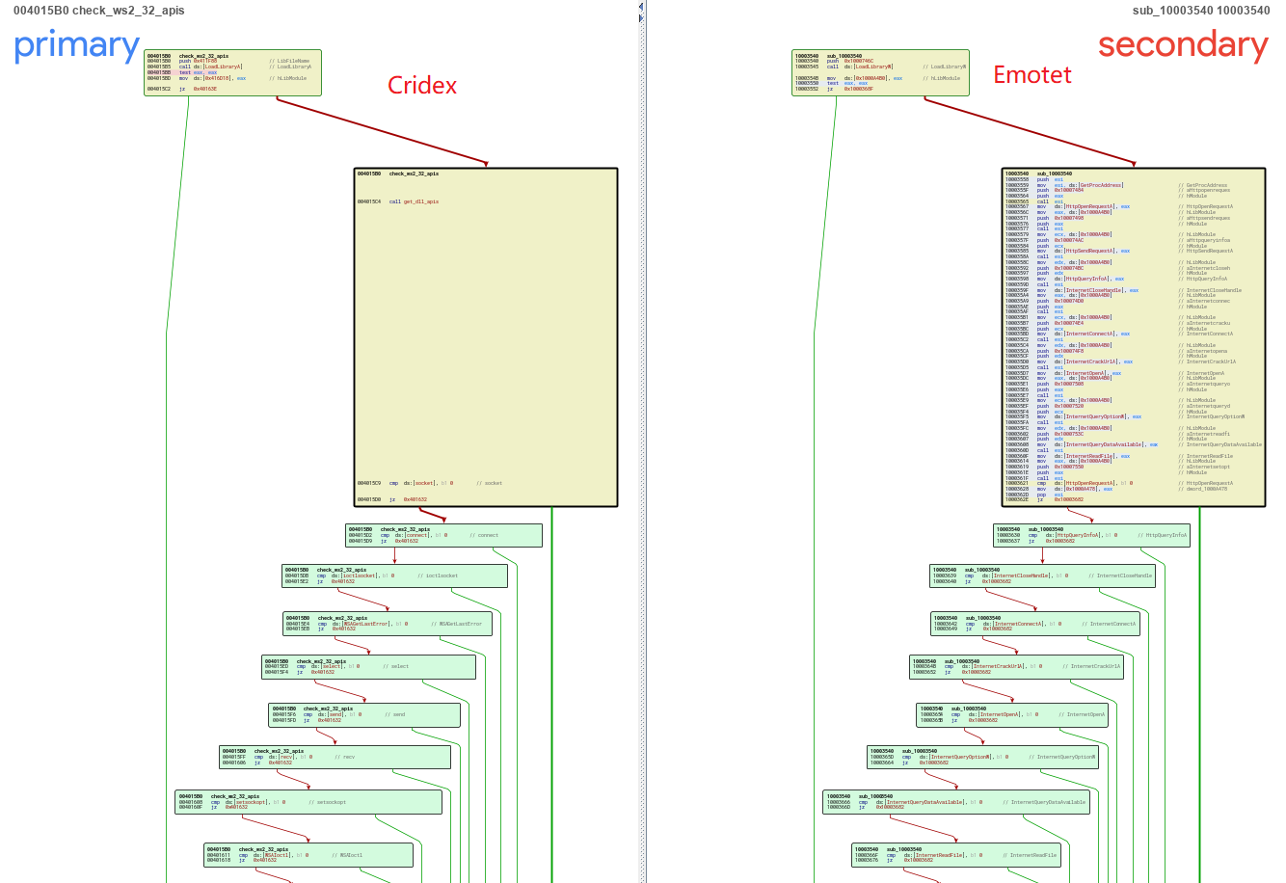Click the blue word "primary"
[76, 45]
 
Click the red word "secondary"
[1182, 45]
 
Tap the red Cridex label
[421, 86]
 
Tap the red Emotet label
[1031, 75]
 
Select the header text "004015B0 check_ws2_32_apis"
[98, 11]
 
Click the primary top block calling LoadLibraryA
[231, 73]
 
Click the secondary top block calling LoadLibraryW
[879, 73]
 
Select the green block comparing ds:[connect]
[443, 535]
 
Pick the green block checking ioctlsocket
[393, 575]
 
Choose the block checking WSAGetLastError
[388, 624]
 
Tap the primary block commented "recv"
[335, 757]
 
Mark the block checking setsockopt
[308, 802]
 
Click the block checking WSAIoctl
[308, 855]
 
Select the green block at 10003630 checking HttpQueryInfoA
[1091, 535]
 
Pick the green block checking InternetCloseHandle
[1041, 575]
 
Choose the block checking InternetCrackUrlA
[1016, 667]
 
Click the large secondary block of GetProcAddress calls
[1133, 337]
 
